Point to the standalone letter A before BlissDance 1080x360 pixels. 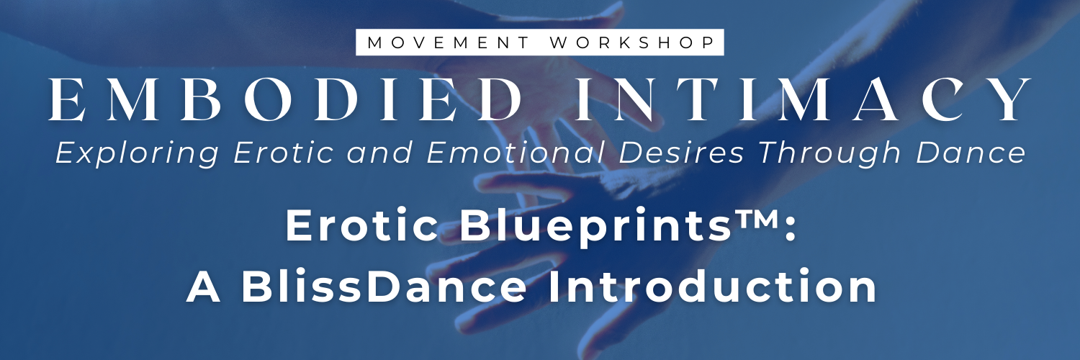(203, 287)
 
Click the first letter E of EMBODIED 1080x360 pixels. (63, 99)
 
